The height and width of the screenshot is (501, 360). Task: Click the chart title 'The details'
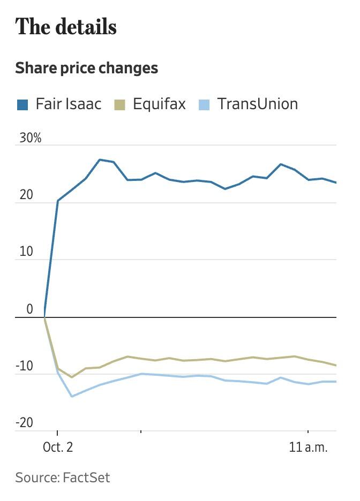[66, 27]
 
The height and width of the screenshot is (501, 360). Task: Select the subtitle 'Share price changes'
[86, 69]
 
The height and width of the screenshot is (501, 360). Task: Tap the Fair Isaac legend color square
[22, 104]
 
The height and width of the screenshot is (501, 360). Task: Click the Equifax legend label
[159, 103]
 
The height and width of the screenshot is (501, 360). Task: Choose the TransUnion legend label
[257, 103]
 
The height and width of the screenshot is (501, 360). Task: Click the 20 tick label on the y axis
[26, 195]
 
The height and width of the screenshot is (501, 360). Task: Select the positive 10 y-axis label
[26, 252]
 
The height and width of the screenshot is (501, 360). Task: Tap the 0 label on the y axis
[29, 309]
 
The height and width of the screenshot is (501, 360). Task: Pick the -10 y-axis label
[25, 367]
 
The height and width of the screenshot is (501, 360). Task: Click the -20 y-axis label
[25, 423]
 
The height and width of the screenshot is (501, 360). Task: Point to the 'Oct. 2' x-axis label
[57, 447]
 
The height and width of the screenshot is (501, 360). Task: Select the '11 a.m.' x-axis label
[308, 447]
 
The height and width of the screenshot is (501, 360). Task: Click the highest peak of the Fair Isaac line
[100, 160]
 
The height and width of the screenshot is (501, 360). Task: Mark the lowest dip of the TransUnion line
[72, 397]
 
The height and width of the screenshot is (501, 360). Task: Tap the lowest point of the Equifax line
[72, 377]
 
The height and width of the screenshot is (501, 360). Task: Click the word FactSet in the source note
[88, 477]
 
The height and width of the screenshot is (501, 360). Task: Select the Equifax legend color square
[120, 104]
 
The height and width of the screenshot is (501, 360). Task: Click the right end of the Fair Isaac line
[336, 183]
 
